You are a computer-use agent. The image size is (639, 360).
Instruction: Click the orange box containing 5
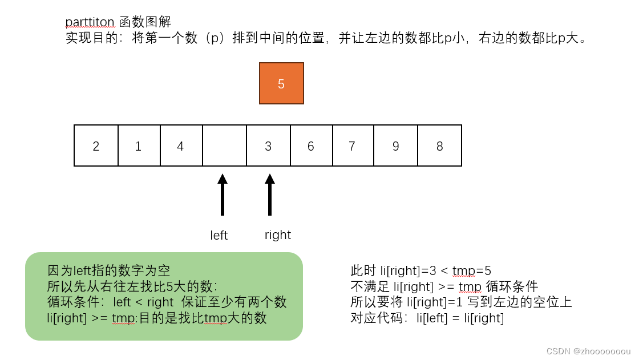(281, 83)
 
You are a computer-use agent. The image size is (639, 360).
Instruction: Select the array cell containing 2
(96, 146)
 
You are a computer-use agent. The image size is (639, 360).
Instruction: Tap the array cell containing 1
(139, 146)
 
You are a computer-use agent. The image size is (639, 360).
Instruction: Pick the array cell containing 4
(181, 146)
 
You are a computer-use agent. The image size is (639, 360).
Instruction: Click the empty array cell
(224, 146)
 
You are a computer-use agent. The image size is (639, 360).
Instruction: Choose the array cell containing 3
(268, 146)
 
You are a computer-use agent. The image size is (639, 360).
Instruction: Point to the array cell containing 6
(311, 146)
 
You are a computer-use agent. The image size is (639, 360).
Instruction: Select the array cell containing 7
(353, 146)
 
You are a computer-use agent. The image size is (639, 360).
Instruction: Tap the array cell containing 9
(395, 146)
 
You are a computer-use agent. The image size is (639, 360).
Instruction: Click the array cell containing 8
(439, 146)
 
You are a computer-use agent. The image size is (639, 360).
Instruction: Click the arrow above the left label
(223, 195)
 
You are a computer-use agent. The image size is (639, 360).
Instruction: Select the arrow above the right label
(270, 195)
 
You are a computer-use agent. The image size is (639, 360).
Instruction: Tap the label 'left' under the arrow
(219, 236)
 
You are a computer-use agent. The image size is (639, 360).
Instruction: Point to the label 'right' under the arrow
(278, 235)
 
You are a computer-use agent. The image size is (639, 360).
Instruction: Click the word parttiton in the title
(91, 22)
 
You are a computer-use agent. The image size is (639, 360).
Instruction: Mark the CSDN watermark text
(588, 351)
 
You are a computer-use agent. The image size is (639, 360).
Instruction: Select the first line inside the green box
(108, 270)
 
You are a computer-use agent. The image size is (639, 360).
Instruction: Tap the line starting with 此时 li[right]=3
(420, 270)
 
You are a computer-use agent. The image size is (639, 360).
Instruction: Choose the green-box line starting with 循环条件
(167, 302)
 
